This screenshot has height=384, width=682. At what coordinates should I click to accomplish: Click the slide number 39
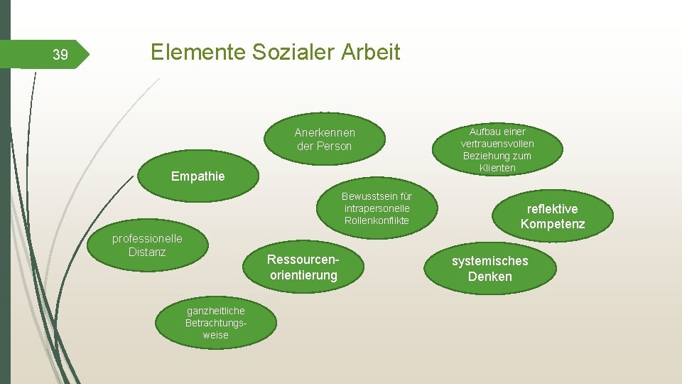point(60,55)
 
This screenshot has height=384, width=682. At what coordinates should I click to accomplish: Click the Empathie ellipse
point(197,176)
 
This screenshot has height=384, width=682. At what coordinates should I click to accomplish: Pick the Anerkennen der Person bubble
point(325,139)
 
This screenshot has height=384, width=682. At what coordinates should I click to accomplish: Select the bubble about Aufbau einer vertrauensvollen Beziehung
point(497,149)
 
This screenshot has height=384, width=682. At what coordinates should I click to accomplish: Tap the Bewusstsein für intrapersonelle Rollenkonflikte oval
point(377,208)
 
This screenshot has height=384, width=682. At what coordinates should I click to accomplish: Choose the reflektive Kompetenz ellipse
point(552,217)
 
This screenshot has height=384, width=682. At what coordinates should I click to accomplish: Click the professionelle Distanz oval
point(147,245)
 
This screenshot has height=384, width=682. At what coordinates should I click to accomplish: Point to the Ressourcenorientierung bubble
point(303,267)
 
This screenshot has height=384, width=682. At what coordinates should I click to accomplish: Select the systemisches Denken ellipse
point(489,269)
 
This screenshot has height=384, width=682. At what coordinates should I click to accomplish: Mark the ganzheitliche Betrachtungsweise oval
point(215,323)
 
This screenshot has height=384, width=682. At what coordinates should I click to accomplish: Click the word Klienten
point(497,168)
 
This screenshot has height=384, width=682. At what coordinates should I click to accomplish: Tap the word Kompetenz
point(552,225)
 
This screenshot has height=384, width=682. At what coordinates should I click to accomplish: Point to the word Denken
point(489,277)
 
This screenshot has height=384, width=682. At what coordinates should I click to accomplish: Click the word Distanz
point(147,252)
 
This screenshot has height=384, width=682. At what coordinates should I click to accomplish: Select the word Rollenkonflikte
point(377,220)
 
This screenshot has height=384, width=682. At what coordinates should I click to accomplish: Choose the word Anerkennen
point(325,132)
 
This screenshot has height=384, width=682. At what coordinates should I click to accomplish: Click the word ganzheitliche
point(215,311)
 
